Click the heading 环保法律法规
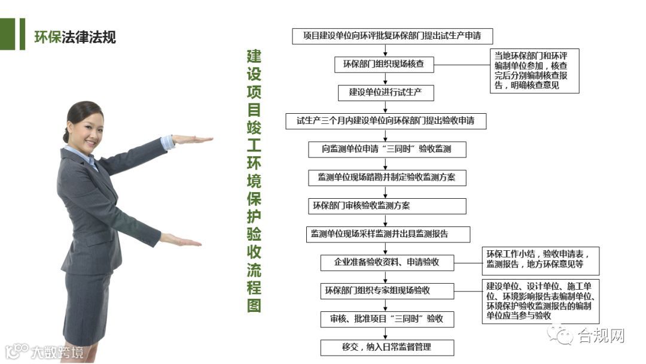click(x=75, y=37)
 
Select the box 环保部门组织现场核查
click(x=383, y=65)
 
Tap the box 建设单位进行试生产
click(x=383, y=93)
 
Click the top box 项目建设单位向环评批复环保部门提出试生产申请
click(x=392, y=36)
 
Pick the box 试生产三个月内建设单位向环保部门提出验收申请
click(x=386, y=121)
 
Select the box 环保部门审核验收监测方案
click(x=386, y=206)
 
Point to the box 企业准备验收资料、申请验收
click(x=387, y=262)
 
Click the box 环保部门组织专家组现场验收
click(x=387, y=291)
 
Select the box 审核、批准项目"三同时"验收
click(x=387, y=319)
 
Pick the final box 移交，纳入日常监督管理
click(x=387, y=347)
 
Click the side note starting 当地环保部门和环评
click(x=535, y=70)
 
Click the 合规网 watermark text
click(x=601, y=336)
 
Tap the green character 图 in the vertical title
click(x=254, y=305)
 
